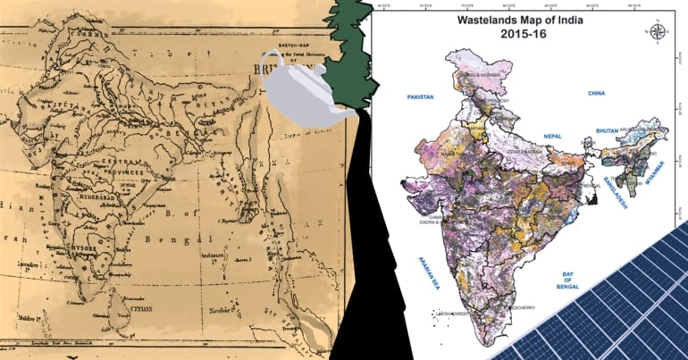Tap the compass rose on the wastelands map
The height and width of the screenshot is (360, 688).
point(659,31)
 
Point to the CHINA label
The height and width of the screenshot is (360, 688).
point(597,92)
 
